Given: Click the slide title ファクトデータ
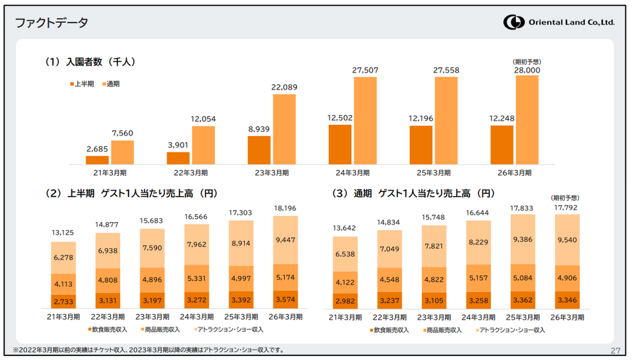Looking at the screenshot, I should (52, 23).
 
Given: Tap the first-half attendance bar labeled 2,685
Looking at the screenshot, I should (97, 159).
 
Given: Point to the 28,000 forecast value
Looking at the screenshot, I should (527, 70).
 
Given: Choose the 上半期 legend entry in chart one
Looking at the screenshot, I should (82, 84).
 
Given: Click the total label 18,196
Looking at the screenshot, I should (285, 208).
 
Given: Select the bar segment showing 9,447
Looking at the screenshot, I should (285, 240).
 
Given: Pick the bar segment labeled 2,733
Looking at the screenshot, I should (63, 301).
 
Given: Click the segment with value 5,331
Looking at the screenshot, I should (196, 278).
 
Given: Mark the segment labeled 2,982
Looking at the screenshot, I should (345, 300).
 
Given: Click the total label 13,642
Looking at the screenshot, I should (345, 228).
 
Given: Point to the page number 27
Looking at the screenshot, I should (615, 351).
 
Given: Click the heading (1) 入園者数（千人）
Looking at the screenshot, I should (89, 62).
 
